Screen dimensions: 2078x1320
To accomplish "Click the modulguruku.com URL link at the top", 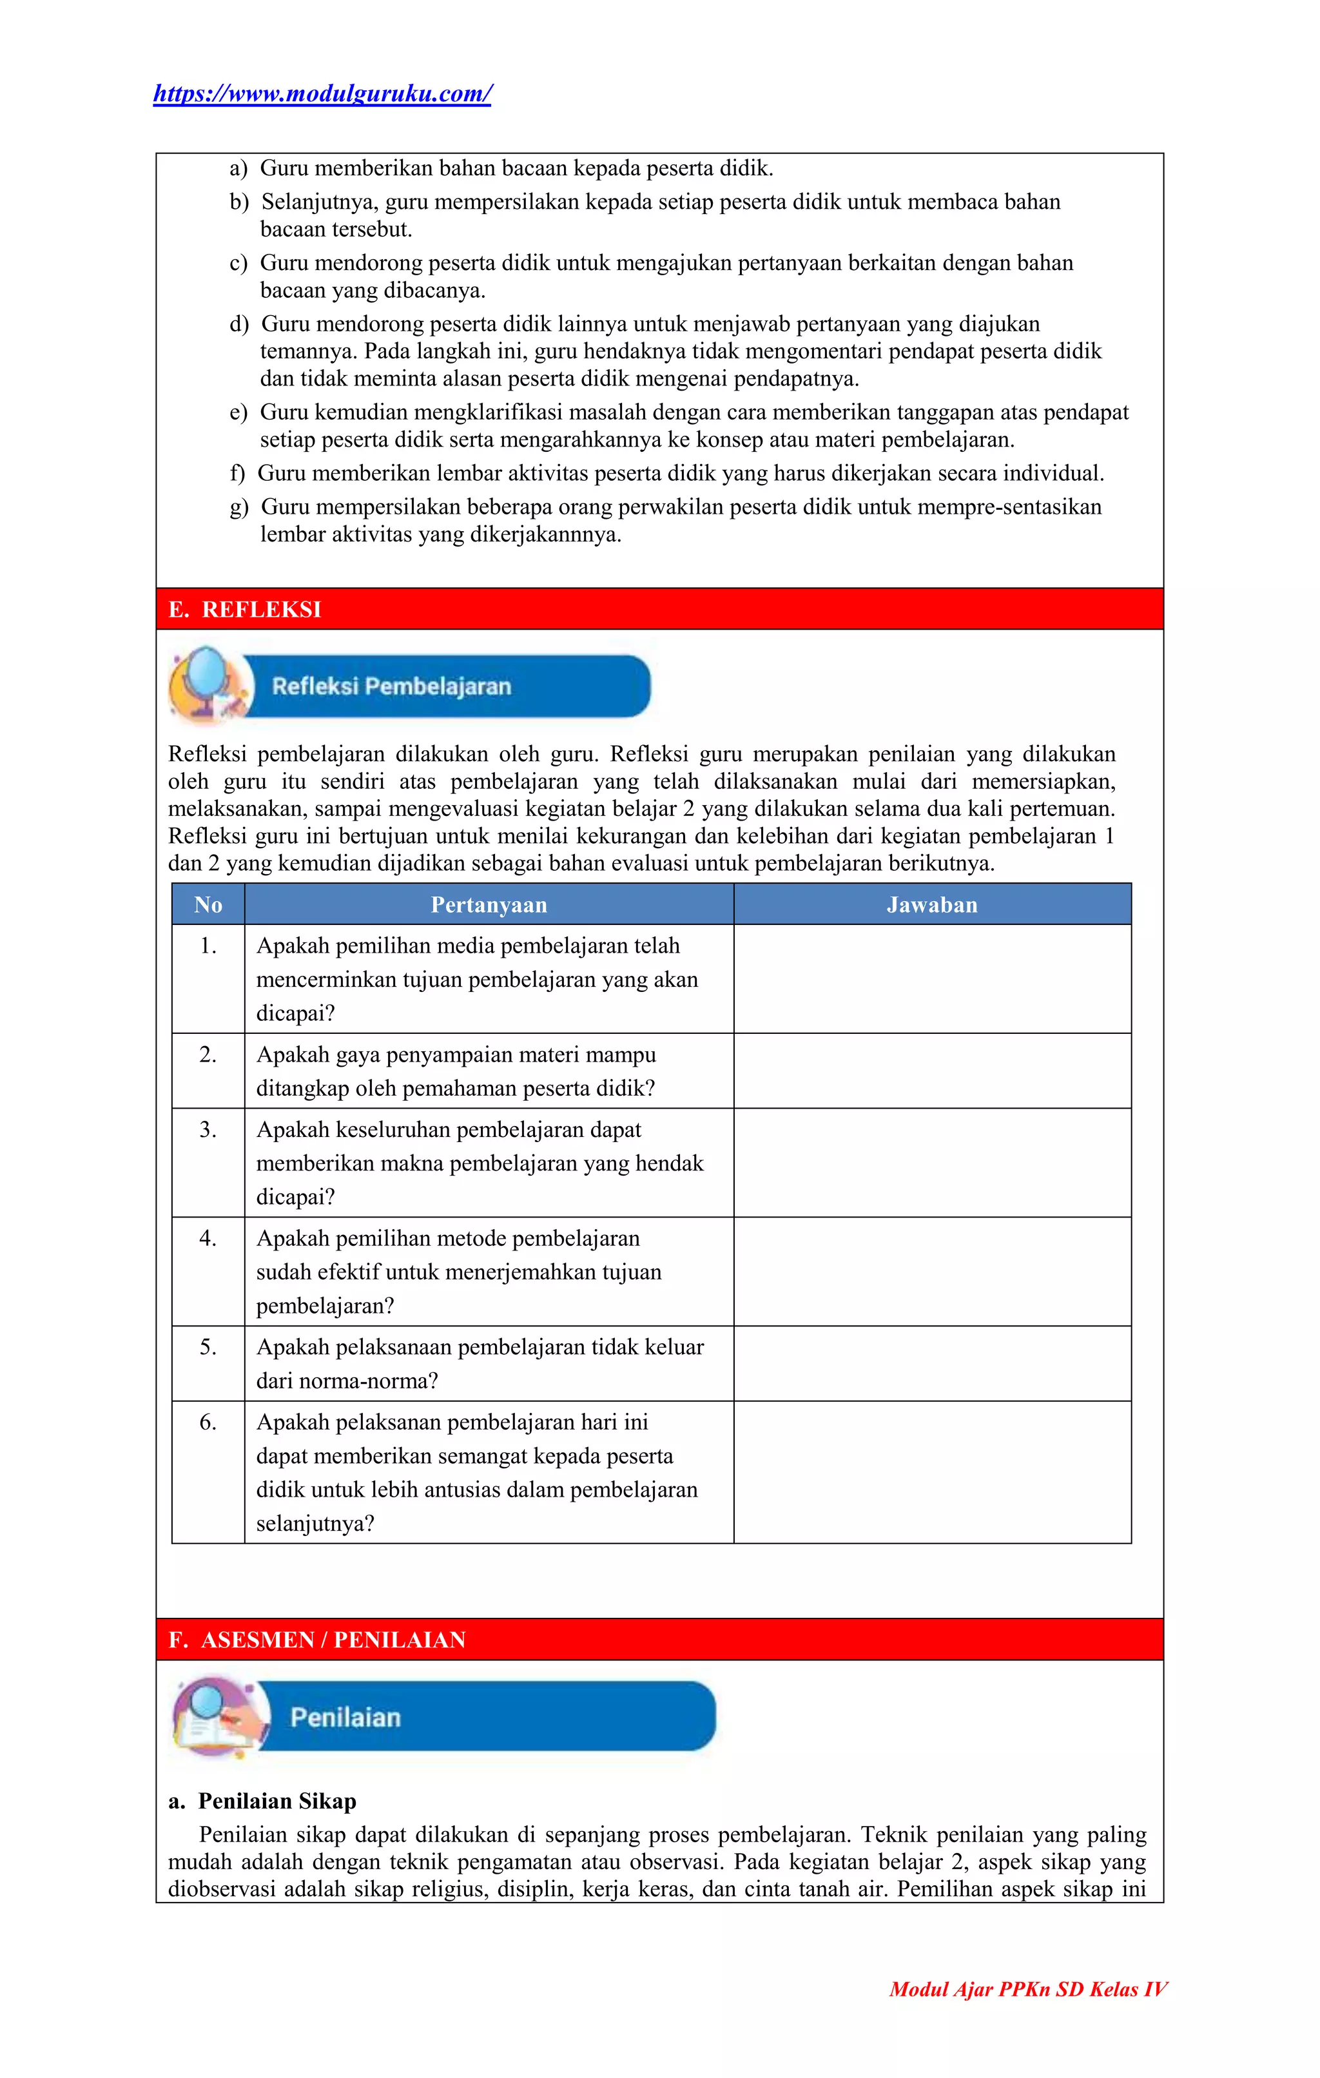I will tap(322, 93).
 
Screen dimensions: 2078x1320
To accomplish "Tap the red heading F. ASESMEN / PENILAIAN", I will tap(316, 1640).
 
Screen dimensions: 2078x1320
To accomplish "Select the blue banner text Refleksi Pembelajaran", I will tap(392, 687).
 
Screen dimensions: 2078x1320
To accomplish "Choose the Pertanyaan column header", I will tap(489, 904).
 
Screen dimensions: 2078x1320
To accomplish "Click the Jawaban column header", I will tap(932, 904).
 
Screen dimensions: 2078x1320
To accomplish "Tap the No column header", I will tap(208, 904).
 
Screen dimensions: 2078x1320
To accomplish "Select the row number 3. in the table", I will tap(208, 1130).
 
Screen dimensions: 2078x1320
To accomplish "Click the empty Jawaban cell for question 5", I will tap(932, 1363).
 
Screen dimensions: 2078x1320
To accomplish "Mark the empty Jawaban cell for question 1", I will tap(932, 978).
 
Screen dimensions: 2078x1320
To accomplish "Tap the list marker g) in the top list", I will tap(239, 507).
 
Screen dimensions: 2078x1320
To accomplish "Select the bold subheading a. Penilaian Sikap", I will tap(262, 1801).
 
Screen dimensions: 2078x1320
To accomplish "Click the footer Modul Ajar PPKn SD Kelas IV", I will tap(1027, 1989).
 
